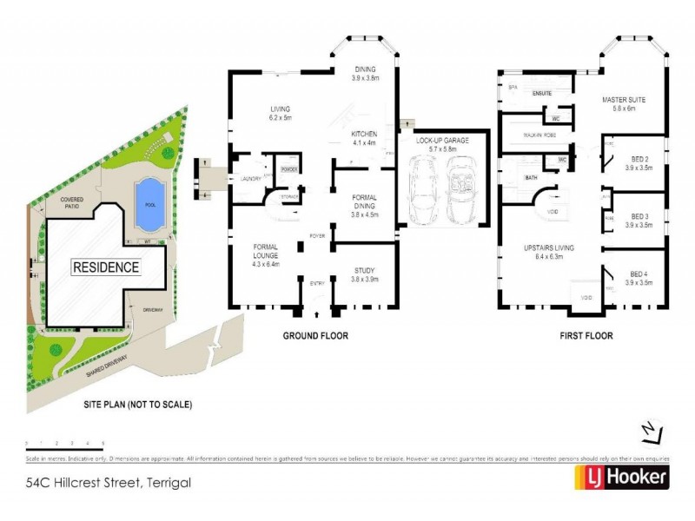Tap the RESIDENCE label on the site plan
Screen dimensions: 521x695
point(105,267)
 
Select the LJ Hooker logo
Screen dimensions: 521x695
point(621,477)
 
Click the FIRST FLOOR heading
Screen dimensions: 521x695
point(586,335)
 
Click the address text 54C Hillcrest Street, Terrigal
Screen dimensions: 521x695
point(108,482)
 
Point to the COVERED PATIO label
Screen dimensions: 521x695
point(71,202)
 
